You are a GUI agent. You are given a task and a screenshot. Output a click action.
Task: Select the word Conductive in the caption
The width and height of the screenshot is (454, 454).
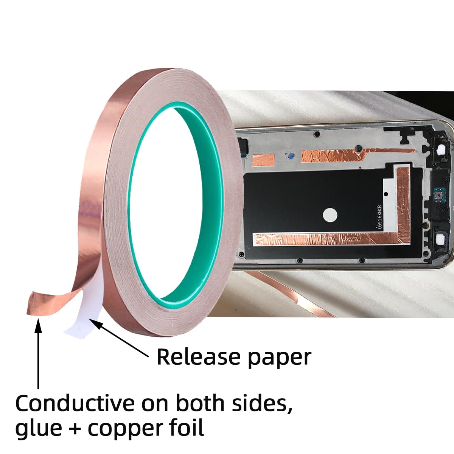[x=75, y=403]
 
